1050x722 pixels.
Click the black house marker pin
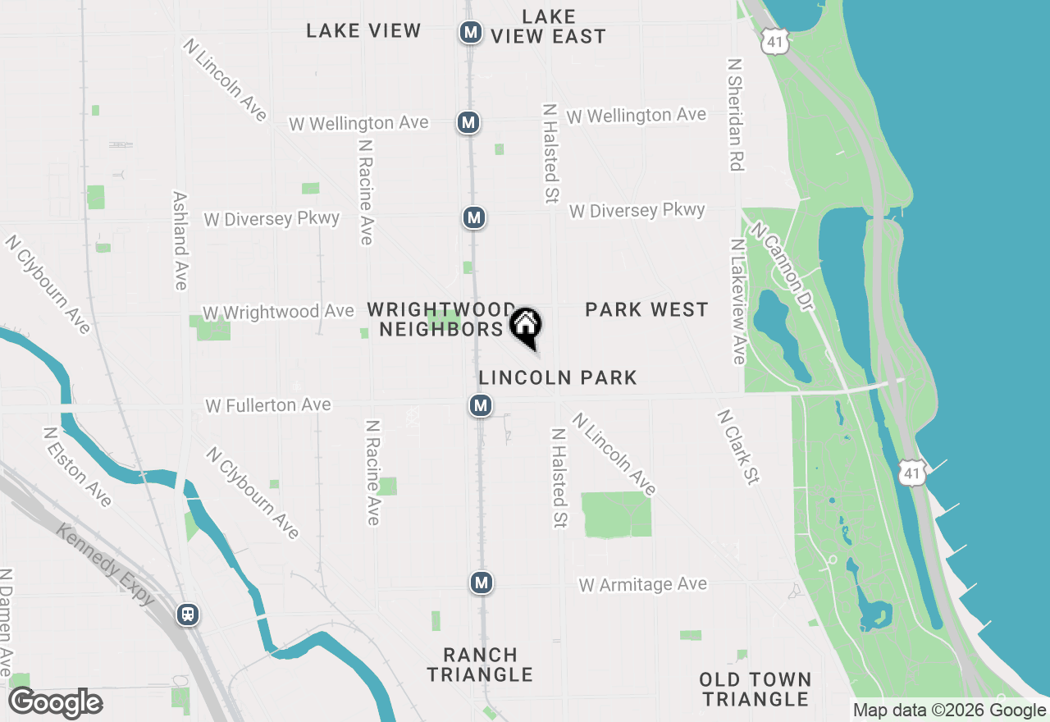tap(526, 326)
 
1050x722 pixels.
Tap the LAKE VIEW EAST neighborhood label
tap(549, 26)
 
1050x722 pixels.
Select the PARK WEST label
tap(646, 309)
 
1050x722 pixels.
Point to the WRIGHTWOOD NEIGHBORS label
tap(441, 319)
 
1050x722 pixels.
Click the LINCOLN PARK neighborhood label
tap(558, 377)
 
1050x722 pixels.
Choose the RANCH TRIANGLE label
tap(480, 665)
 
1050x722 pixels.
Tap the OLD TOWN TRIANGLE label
tap(756, 689)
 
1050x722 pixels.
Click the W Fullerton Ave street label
tap(268, 405)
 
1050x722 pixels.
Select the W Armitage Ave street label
tap(642, 585)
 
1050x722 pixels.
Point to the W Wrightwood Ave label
tap(278, 312)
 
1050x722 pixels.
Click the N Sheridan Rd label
tap(735, 115)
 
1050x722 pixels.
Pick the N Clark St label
tap(738, 447)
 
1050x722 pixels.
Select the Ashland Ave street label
tap(180, 240)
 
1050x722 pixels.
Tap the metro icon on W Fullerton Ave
tap(481, 405)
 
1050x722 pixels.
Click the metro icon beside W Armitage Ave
tap(482, 583)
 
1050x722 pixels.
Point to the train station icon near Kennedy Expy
tap(188, 614)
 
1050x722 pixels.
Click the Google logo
tap(56, 703)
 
